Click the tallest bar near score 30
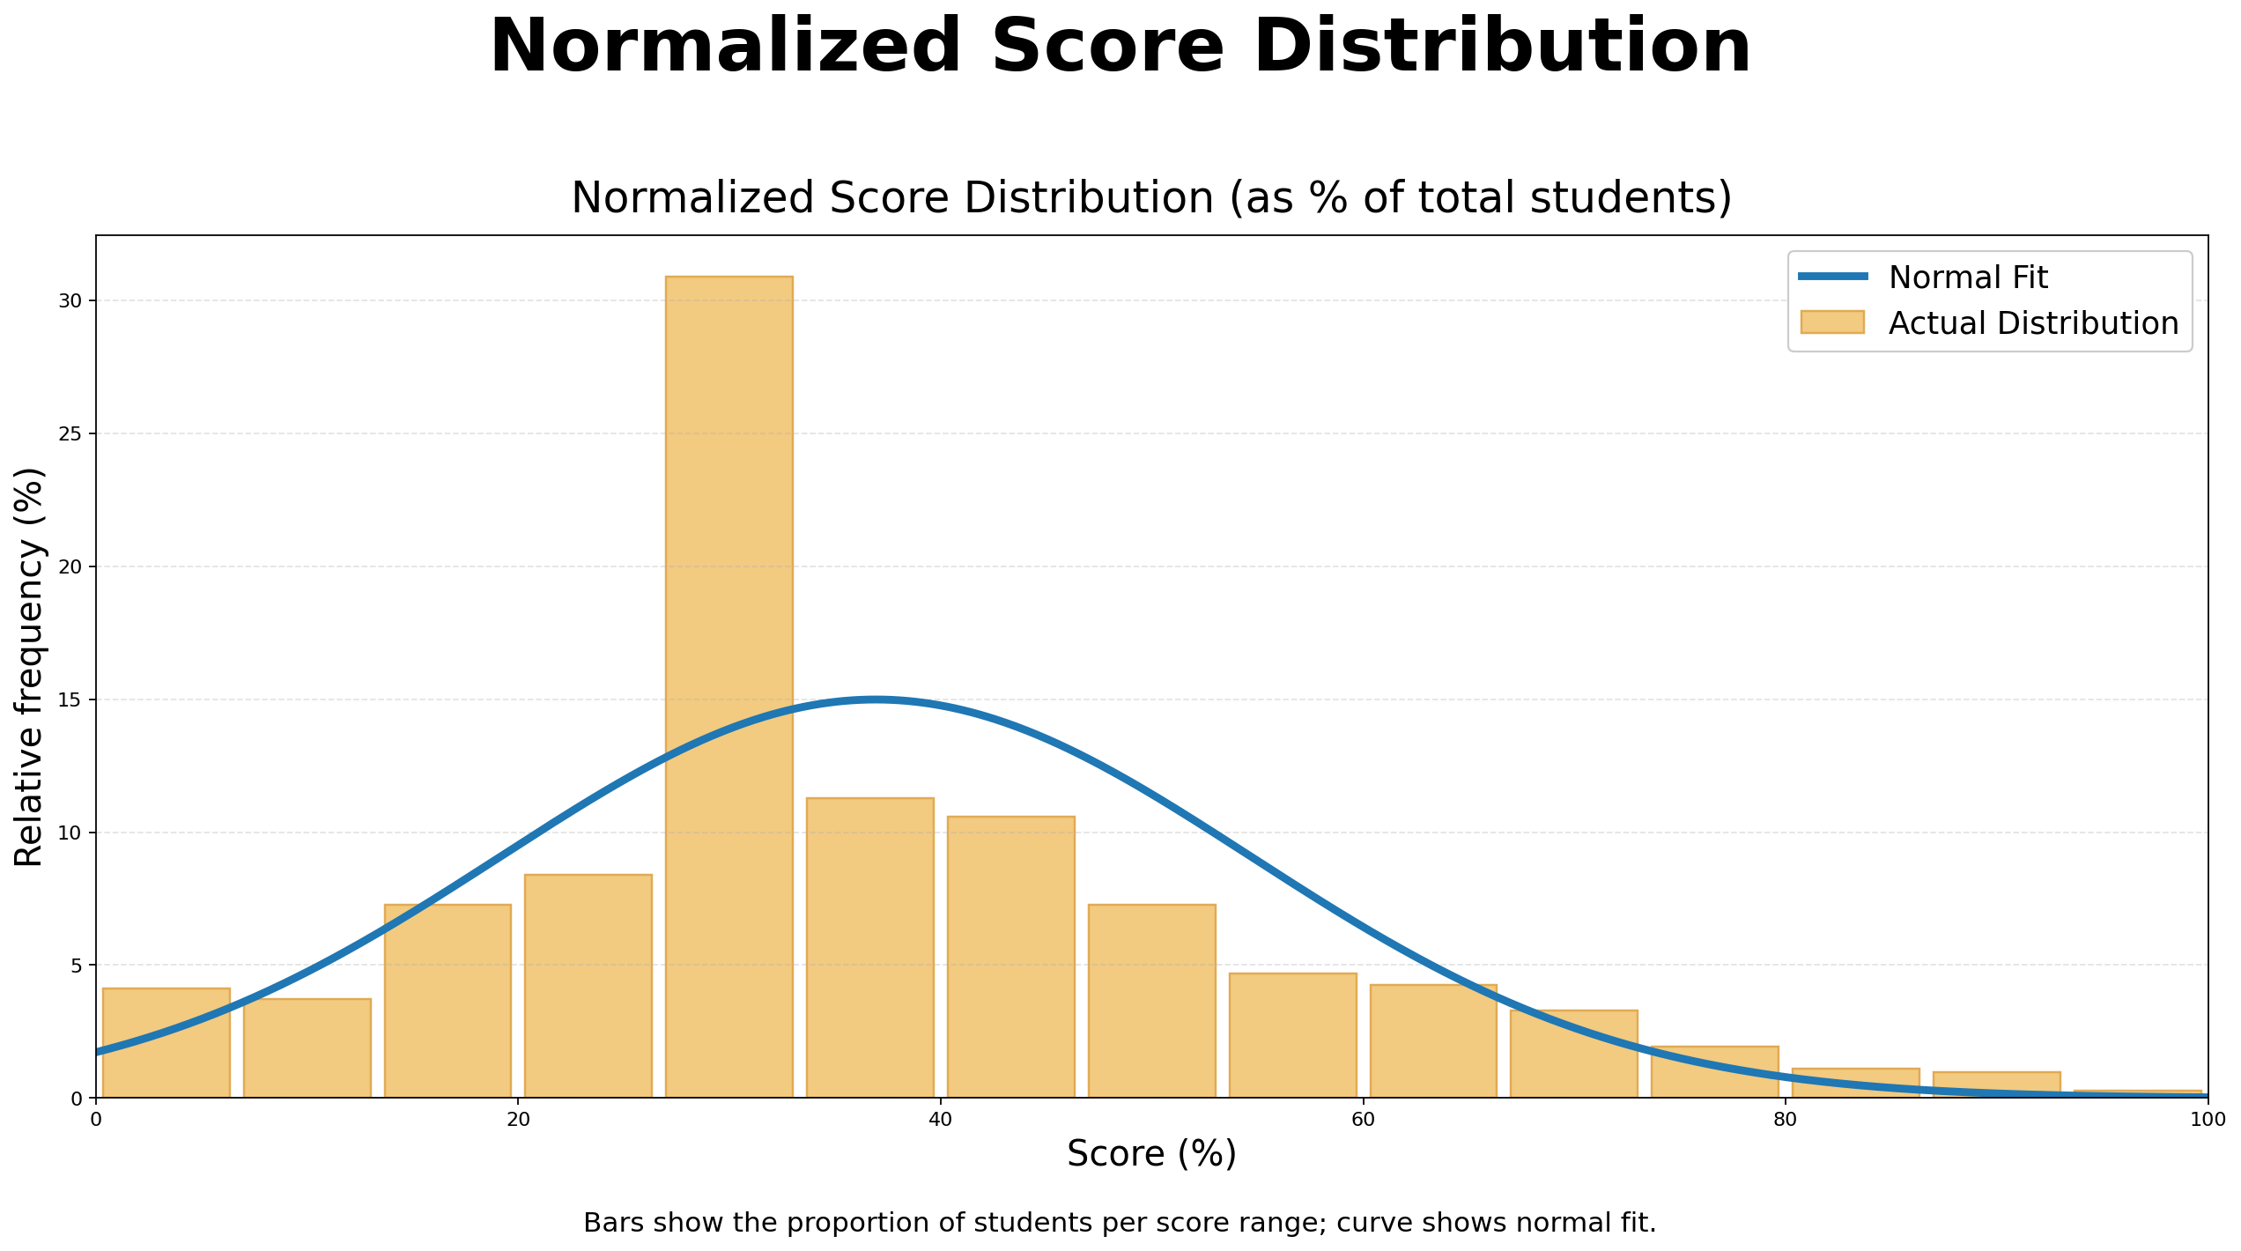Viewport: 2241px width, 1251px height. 729,687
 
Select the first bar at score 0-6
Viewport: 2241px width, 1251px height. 166,1044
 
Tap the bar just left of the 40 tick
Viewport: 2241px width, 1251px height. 869,947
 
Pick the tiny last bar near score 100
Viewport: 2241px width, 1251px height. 2137,1093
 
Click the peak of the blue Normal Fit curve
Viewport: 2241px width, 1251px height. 874,700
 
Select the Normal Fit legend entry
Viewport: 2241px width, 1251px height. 1967,278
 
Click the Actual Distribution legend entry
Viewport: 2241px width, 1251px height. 2032,323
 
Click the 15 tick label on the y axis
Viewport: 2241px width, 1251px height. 70,700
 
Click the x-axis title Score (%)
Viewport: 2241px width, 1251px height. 1151,1154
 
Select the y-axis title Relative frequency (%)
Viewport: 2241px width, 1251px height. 29,667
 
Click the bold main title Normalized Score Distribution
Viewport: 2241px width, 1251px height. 1120,48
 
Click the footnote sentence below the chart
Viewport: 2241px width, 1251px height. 1120,1223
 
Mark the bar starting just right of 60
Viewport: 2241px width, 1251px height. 1433,1041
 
